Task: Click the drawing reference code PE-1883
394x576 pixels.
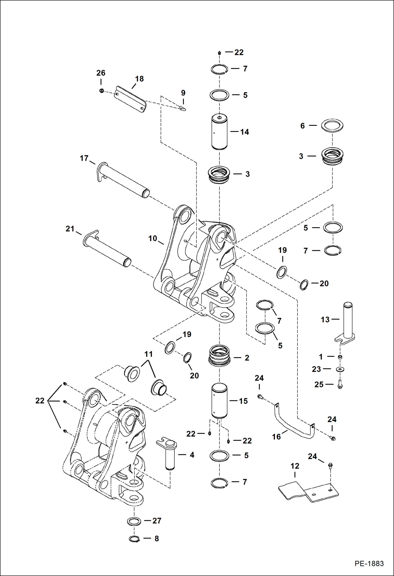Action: coord(369,563)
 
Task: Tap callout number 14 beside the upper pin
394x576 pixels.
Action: coord(244,132)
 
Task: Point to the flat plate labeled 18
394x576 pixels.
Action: coord(130,99)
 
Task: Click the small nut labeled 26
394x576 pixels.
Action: coord(102,91)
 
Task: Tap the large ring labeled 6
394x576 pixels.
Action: coord(332,126)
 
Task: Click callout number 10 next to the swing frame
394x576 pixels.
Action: coord(153,238)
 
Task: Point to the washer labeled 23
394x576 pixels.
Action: coord(340,369)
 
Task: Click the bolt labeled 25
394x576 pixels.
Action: coord(340,385)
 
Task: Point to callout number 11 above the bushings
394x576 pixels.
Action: coord(148,354)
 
